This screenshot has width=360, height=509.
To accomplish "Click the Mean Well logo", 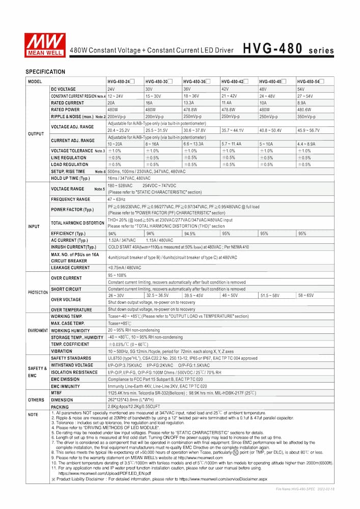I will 45,45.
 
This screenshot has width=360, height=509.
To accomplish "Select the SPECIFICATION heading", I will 45,72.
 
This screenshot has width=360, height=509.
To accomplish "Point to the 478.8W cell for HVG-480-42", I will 230,109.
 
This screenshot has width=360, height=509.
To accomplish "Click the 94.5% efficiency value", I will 189,234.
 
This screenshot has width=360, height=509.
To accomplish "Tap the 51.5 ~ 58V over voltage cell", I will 270,295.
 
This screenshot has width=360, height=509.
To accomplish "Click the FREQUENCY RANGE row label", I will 70,200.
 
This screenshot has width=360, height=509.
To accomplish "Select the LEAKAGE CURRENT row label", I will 70,267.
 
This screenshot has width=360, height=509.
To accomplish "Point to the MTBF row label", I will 57,393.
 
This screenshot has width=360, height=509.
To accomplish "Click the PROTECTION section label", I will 38,293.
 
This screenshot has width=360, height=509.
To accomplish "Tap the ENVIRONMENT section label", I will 38,330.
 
